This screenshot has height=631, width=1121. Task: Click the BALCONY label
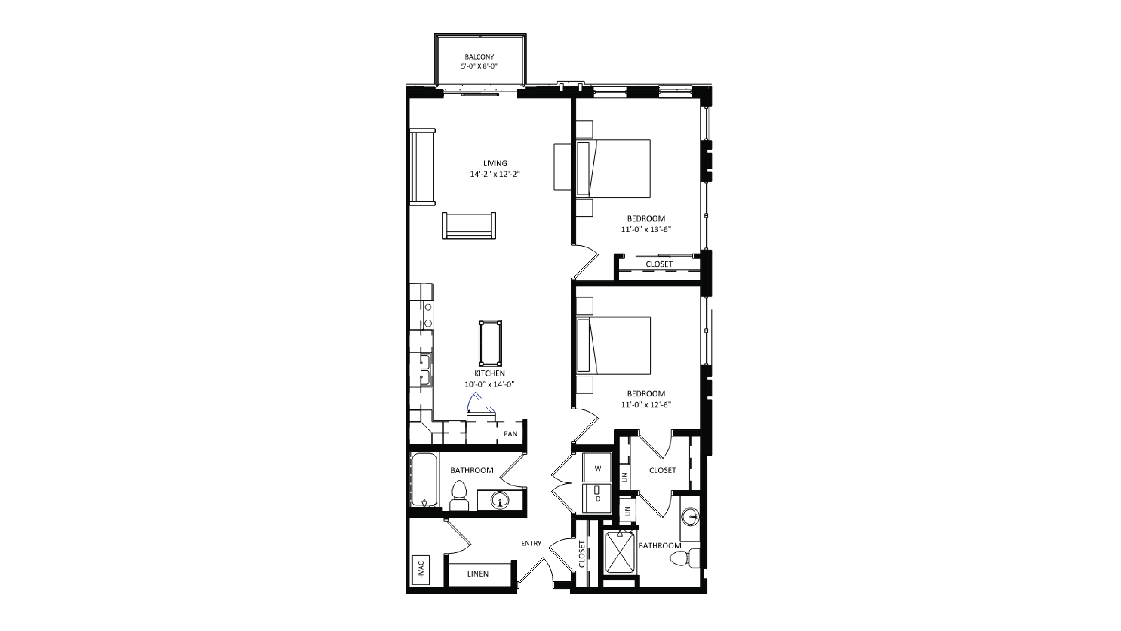(x=479, y=57)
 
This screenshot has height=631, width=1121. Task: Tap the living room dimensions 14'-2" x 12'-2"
(x=495, y=174)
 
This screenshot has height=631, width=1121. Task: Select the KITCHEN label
(x=490, y=373)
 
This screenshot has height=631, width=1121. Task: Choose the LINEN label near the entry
(x=478, y=574)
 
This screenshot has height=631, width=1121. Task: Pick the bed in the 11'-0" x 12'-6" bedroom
(x=614, y=345)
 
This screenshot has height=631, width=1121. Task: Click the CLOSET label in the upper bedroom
(x=659, y=264)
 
